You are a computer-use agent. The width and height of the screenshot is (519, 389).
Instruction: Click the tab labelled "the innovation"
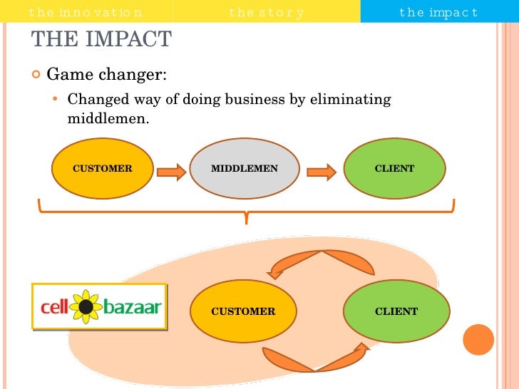point(86,12)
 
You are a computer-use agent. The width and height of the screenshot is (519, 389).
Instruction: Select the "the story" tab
point(267,12)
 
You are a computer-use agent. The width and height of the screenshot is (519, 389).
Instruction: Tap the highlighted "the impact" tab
point(438,12)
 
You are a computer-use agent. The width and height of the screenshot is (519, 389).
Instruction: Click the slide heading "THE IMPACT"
point(102,40)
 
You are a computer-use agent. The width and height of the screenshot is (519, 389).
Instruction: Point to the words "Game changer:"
point(106,75)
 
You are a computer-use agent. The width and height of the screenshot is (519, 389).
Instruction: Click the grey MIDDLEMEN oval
point(245,169)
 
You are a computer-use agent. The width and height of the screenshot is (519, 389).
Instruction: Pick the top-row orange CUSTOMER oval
point(103,169)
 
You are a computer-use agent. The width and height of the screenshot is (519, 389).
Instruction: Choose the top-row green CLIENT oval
point(394,169)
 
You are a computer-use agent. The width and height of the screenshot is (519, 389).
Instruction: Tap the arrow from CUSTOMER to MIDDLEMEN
point(171,171)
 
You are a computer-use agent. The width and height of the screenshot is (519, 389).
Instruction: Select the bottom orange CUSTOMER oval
point(243,311)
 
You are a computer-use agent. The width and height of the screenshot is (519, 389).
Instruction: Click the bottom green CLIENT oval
point(396,311)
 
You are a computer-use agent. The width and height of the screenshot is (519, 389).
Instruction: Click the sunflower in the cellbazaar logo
point(86,306)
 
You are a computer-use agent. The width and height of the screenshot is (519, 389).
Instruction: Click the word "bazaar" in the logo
point(132,308)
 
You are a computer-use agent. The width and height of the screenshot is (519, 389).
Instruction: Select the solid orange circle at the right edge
point(478,340)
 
